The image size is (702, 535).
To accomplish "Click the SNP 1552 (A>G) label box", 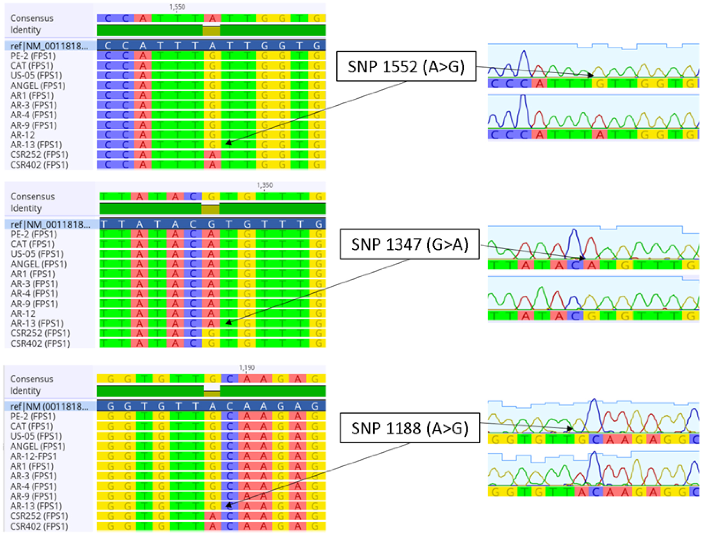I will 406,67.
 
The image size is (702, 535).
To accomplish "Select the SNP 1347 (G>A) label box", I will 409,244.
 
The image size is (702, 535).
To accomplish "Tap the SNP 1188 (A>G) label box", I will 409,428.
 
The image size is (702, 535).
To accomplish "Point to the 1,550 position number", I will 177,7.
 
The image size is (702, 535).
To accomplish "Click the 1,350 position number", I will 265,185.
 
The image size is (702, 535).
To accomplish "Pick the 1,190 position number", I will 247,368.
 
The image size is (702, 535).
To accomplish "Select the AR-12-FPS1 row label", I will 33,456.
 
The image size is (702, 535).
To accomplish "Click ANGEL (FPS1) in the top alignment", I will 38,86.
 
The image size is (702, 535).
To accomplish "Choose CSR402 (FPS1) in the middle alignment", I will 40,343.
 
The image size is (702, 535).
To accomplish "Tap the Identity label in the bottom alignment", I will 25,391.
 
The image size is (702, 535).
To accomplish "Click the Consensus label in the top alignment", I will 32,18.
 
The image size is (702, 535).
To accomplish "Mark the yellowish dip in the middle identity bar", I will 210,209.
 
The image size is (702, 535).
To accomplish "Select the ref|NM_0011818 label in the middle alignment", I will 50,225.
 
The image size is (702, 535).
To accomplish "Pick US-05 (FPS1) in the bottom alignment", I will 36,436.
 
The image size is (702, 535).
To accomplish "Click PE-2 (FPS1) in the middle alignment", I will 33,234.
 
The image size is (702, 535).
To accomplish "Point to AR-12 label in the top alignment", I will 23,135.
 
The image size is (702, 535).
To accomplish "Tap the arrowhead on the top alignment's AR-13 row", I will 229,143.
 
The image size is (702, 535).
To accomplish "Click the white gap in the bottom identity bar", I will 211,388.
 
